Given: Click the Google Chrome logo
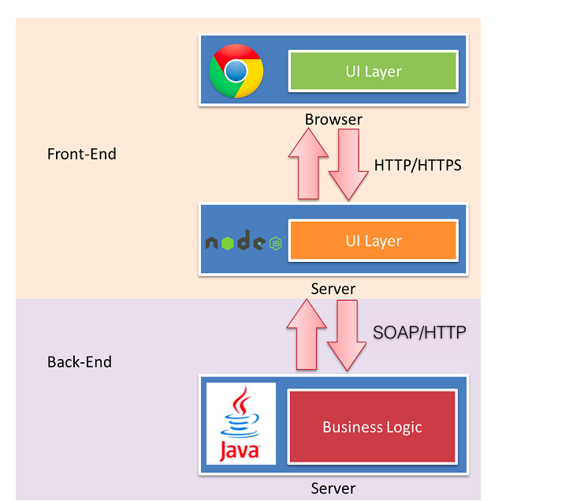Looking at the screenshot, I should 236,71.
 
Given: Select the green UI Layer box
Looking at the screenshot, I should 374,71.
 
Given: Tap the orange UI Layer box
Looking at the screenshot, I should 374,241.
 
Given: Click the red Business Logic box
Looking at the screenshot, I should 372,427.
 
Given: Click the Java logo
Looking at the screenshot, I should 240,424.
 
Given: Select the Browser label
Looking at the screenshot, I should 333,120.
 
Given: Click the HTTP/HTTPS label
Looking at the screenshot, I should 417,166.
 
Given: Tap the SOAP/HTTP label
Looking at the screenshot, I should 419,332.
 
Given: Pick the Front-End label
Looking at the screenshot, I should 82,154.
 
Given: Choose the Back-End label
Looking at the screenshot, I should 80,362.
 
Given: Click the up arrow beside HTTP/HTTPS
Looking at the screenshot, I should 308,163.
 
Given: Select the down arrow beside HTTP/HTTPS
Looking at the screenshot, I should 348,164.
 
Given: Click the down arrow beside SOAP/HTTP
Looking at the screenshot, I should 347,334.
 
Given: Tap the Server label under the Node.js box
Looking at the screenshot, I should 333,289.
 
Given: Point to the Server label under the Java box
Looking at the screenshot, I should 333,488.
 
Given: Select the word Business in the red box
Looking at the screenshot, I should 350,427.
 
